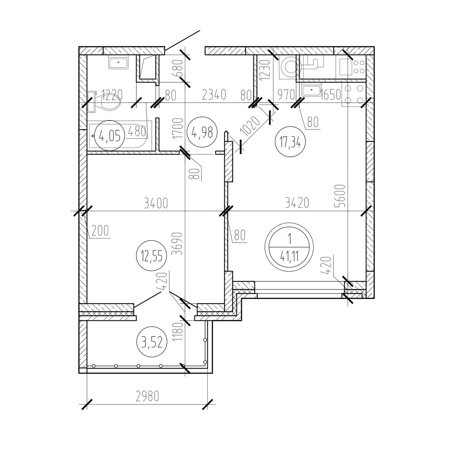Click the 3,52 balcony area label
tap(151, 342)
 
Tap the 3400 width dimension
tap(156, 204)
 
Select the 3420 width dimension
tap(297, 203)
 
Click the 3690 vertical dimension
tap(178, 244)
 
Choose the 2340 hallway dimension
tap(214, 95)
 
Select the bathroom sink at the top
tap(118, 62)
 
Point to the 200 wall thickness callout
tap(100, 231)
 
